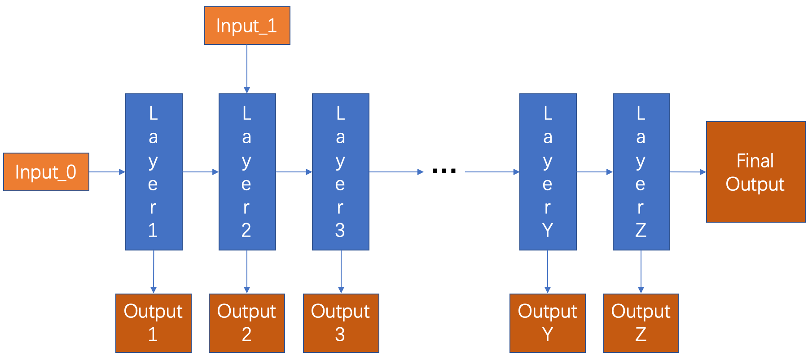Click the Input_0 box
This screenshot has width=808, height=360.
(x=46, y=172)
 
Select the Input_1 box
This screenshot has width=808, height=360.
(x=247, y=26)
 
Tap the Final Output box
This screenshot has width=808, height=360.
(x=755, y=172)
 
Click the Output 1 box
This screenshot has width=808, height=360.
(x=153, y=323)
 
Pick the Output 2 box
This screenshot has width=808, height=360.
(x=246, y=323)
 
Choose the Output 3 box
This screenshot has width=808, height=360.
(x=341, y=323)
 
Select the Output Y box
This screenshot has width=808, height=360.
(x=547, y=323)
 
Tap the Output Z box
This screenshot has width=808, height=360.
(x=641, y=323)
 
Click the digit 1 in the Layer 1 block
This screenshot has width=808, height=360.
(x=153, y=230)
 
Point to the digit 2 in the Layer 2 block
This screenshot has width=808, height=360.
(x=246, y=230)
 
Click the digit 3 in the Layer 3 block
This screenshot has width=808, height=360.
(x=340, y=230)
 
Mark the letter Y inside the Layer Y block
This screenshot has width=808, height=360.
(x=548, y=230)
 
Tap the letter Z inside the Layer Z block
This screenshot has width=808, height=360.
(x=641, y=230)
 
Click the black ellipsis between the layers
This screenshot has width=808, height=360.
(x=444, y=171)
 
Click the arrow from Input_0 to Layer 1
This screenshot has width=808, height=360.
(x=107, y=172)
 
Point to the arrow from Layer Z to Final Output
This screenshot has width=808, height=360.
(x=688, y=172)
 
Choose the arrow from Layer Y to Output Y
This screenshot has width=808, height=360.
(x=548, y=272)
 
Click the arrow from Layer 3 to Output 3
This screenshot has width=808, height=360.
(x=341, y=272)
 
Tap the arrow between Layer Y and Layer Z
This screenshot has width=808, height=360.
(x=594, y=172)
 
